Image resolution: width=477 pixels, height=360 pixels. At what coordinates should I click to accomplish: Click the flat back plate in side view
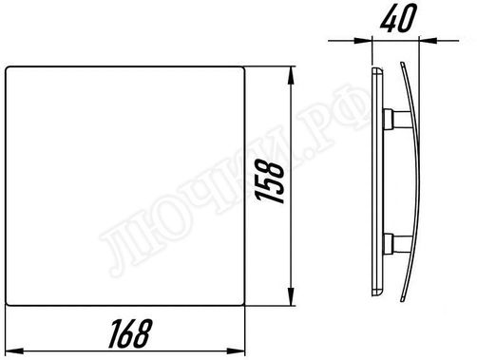pos(373,180)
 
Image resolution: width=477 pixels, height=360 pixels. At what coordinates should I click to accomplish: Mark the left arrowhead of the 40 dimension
pos(371,40)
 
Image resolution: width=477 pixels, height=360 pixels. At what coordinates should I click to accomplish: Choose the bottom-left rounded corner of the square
pos(9,305)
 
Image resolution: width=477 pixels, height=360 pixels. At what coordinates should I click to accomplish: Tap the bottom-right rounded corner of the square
pos(246,305)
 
